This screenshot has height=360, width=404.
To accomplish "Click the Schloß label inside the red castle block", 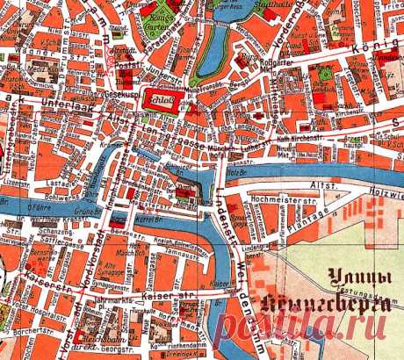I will [161, 100].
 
